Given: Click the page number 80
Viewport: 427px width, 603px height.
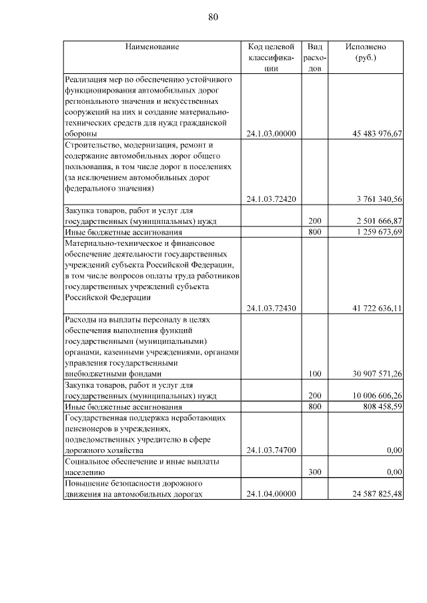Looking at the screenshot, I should click(x=213, y=17).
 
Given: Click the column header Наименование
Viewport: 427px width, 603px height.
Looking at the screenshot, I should click(x=151, y=47).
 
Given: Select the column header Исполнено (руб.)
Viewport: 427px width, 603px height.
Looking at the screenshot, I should click(x=365, y=53).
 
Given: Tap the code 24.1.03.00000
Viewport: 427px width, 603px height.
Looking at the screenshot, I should click(x=271, y=134).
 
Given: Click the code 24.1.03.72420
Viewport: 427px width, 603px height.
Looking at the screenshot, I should click(x=271, y=199).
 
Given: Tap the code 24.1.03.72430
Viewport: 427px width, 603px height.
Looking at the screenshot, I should click(x=271, y=308).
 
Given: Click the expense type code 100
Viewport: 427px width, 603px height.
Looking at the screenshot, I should click(x=315, y=374).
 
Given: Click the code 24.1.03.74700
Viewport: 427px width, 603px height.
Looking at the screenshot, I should click(x=271, y=450).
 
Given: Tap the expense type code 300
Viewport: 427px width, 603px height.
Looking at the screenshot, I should click(x=315, y=472).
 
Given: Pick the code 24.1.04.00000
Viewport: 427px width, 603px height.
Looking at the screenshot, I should click(x=271, y=494).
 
